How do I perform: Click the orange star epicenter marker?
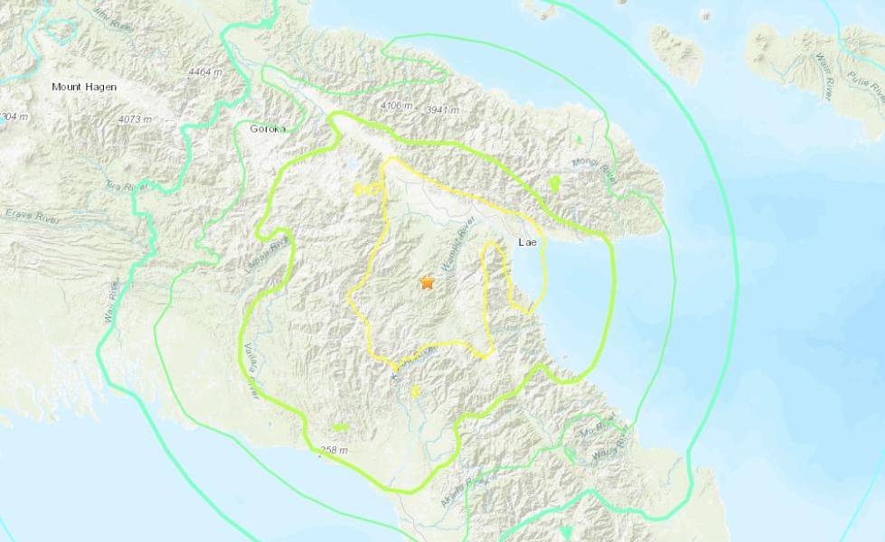pos(427,284)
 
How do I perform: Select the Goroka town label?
pos(267,129)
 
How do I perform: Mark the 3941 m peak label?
pos(442,110)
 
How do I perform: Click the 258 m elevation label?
pos(332,449)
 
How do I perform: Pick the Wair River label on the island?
pos(799,70)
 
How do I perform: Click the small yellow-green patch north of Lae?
pos(554,184)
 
